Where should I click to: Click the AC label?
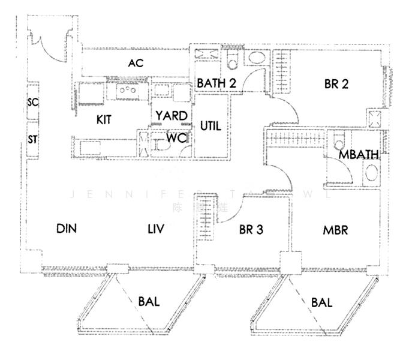(135, 63)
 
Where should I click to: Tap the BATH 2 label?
(216, 84)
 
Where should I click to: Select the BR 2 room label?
(336, 85)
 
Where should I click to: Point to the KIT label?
(104, 119)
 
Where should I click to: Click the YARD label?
(171, 115)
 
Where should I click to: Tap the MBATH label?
(359, 155)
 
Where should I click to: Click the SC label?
(33, 103)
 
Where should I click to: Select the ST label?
(33, 140)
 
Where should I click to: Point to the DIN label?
(67, 229)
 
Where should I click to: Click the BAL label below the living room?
(149, 302)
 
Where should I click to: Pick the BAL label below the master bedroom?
(322, 304)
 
